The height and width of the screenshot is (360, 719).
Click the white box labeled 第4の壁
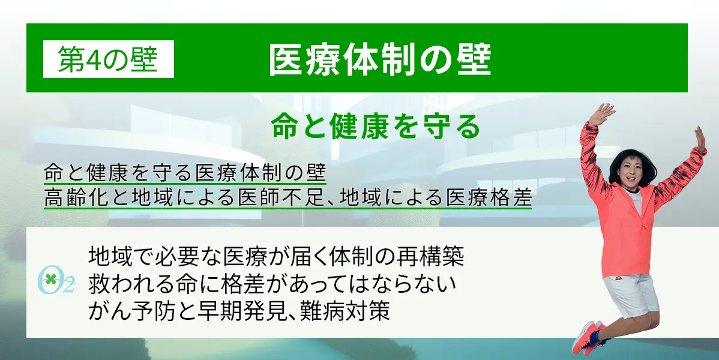pos(108,59)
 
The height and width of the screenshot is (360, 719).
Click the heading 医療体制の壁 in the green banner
pos(380,59)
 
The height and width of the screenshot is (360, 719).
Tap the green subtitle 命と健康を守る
pos(376,127)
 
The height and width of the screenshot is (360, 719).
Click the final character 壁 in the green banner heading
pos(475,59)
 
